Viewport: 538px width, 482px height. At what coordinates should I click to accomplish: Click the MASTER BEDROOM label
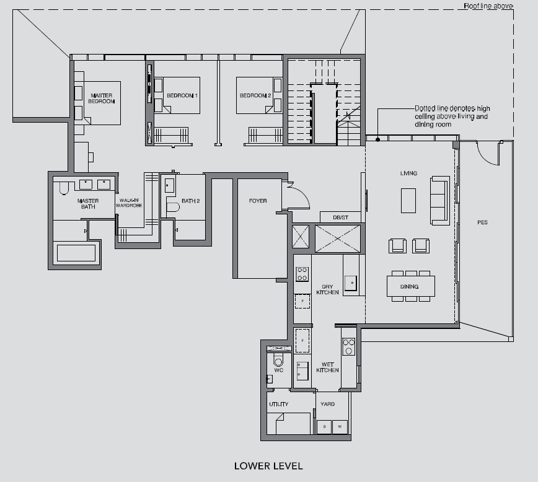coord(101,99)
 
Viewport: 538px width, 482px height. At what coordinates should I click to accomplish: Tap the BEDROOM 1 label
coord(182,95)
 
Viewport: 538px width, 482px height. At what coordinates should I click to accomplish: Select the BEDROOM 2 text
coord(255,95)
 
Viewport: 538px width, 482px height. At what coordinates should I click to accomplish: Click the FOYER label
coord(258,201)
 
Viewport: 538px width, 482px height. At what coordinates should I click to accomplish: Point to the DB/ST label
coord(340,217)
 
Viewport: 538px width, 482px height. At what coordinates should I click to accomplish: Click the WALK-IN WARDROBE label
coord(129,203)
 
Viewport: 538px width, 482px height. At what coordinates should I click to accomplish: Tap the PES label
coord(482,222)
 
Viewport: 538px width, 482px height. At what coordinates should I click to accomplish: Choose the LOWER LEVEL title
coord(268,466)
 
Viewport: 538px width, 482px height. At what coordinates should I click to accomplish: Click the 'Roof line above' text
coord(488,6)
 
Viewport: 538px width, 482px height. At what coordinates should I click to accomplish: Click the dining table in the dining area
coord(411,286)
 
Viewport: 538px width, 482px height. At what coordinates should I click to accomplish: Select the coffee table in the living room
coord(408,201)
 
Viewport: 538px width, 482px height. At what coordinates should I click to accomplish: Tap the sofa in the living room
coord(439,201)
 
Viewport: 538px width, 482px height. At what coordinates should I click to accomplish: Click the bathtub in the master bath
coord(76,253)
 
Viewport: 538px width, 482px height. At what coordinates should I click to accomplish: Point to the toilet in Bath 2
coord(173,207)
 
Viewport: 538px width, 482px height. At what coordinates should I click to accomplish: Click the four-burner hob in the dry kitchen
coord(302,274)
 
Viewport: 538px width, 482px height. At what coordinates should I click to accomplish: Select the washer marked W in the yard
coord(340,427)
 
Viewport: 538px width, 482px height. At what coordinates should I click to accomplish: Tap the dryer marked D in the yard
coord(324,427)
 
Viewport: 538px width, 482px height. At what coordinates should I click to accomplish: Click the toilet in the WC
coord(278,360)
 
